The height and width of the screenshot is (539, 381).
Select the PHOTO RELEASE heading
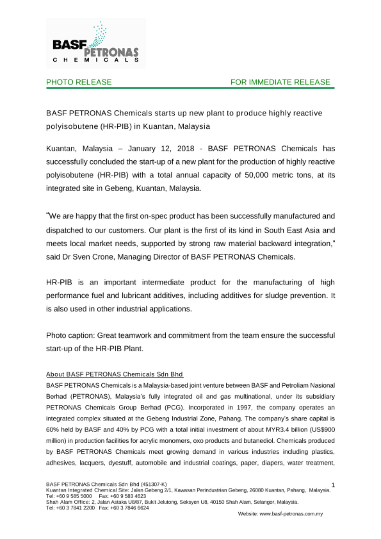(79, 82)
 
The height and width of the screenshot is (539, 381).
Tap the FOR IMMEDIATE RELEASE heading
(280, 82)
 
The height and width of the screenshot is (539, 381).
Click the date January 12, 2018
(161, 149)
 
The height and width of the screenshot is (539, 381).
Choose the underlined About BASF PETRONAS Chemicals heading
(115, 374)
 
